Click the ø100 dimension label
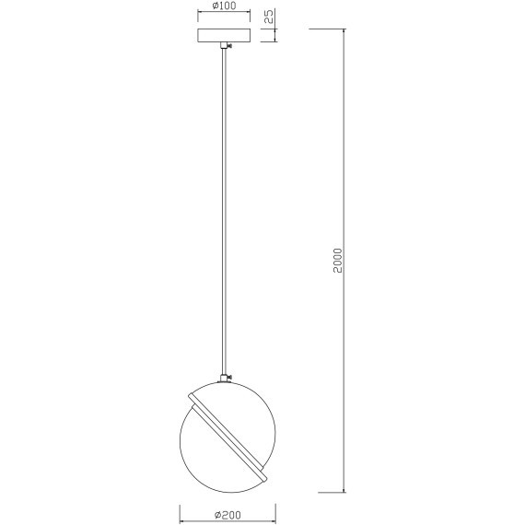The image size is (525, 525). (225, 6)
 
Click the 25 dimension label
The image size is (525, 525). (269, 16)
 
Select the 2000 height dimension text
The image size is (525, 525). (338, 261)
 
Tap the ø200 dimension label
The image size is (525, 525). (227, 514)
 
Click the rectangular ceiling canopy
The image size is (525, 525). (224, 36)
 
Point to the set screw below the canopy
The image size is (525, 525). (229, 46)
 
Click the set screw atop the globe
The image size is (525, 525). (230, 379)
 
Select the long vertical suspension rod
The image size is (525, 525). (224, 212)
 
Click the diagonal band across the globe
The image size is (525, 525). (228, 437)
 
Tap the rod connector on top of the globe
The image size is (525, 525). (224, 379)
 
